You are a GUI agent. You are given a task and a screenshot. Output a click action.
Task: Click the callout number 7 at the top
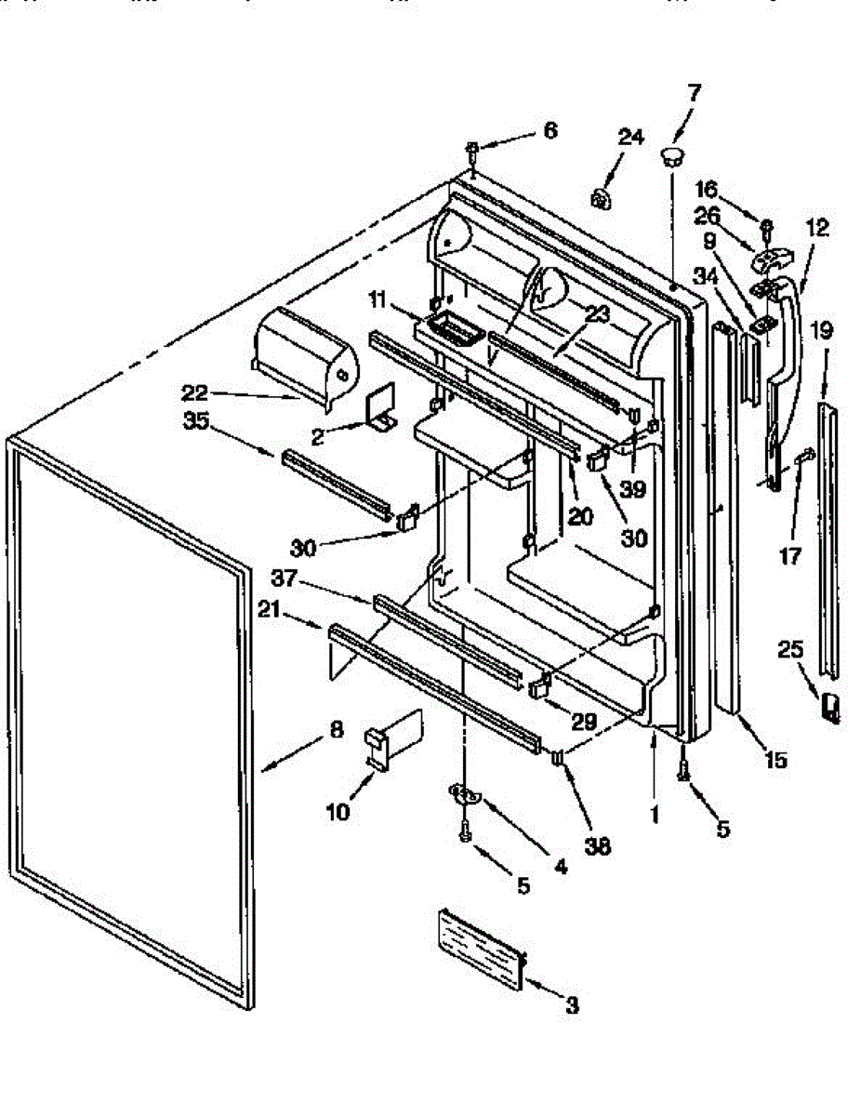coord(694,93)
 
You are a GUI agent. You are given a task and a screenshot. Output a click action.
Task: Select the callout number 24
coord(630,138)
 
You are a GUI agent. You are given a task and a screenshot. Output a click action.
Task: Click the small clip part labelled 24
coord(602,196)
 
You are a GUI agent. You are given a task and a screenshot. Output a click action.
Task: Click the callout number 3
coord(572,1004)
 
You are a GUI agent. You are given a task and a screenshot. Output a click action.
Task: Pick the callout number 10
coord(338,812)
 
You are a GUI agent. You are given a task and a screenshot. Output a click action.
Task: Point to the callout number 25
coord(790,650)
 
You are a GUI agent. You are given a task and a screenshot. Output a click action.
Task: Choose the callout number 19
coord(821,330)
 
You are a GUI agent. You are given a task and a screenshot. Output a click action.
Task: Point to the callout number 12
coord(817,227)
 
